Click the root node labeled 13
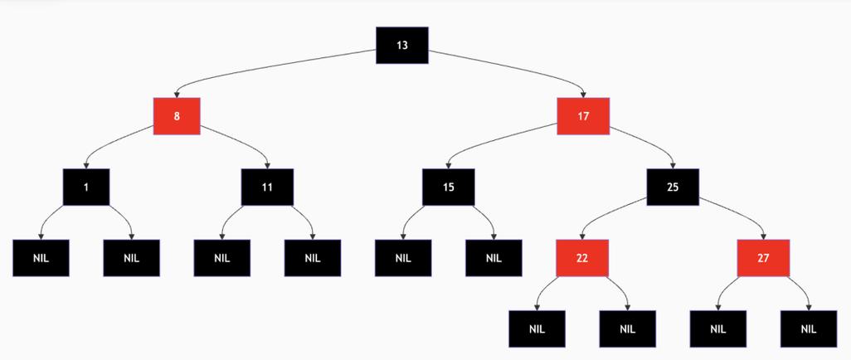point(402,45)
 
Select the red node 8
point(177,116)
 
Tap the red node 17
point(583,116)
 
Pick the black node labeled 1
point(86,187)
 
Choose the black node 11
point(267,187)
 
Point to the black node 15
point(448,187)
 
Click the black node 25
point(673,187)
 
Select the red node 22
point(582,257)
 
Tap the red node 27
point(763,257)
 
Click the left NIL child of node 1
point(41,257)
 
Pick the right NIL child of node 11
point(313,257)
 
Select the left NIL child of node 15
point(403,257)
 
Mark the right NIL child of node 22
point(628,328)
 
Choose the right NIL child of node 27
point(809,328)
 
